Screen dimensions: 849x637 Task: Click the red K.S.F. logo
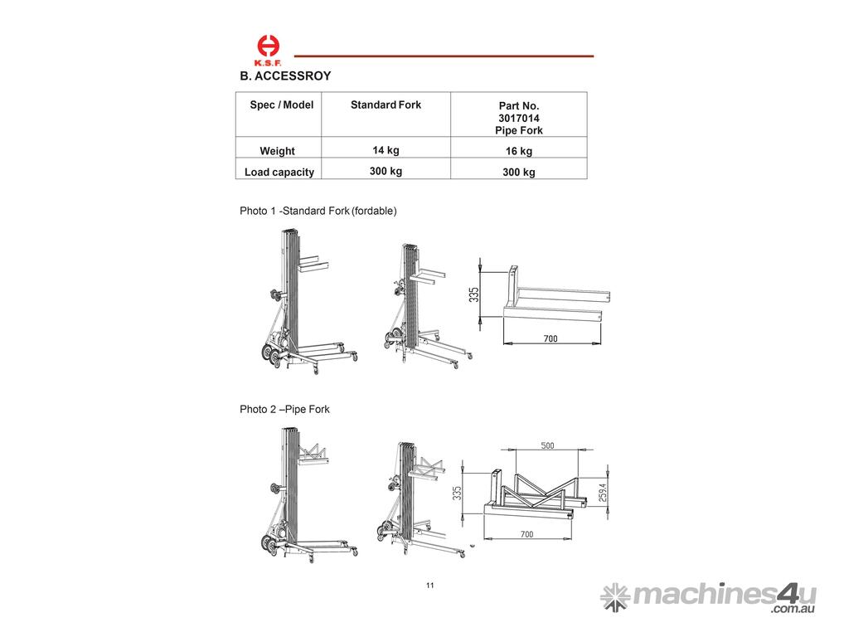268,50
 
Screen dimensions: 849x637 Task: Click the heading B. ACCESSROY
285,75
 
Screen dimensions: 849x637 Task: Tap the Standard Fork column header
386,105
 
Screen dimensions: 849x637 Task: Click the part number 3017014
519,118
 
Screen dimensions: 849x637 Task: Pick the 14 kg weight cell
386,150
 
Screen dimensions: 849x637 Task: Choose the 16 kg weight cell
519,151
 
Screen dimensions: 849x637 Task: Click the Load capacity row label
279,173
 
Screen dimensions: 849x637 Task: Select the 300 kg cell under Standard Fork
386,171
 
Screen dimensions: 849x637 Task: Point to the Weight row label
277,151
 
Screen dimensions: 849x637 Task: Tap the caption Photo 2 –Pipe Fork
284,409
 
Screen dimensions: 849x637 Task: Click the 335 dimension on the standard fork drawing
473,294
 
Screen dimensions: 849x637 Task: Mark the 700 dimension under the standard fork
551,338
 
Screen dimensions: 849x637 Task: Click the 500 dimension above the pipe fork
547,445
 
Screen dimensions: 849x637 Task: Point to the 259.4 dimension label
603,493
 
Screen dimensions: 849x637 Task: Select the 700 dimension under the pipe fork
526,534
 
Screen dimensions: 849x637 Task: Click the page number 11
430,585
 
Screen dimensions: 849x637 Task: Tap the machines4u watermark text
725,596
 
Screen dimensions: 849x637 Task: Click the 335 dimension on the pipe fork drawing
458,493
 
